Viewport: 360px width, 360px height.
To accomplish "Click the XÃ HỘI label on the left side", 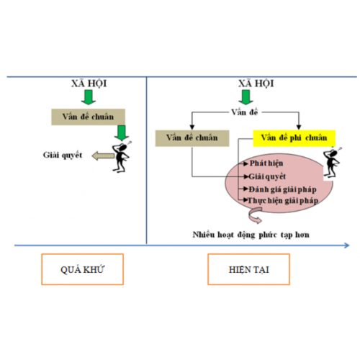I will point(89,84).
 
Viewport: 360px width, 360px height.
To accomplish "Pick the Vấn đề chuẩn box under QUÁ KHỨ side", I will point(89,115).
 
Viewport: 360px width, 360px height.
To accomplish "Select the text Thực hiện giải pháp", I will point(282,199).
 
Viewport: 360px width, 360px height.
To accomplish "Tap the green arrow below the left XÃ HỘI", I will point(89,97).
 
